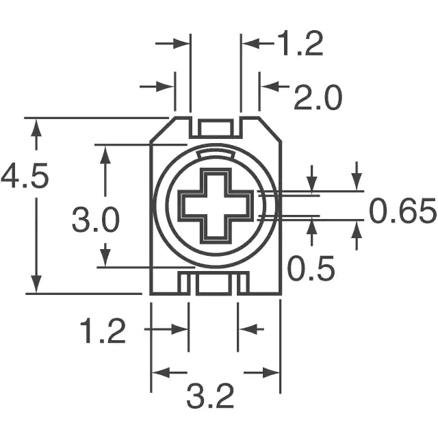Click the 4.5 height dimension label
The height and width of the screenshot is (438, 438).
25,177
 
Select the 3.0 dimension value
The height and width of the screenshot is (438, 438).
96,220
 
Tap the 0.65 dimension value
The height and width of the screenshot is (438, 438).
402,211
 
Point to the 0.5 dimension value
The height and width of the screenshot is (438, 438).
311,268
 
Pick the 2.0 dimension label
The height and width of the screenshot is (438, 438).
318,97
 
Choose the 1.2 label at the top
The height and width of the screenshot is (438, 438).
301,43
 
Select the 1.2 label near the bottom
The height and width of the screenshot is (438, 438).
103,330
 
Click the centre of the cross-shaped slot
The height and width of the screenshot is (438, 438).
216,206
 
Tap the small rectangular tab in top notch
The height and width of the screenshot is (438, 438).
216,128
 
